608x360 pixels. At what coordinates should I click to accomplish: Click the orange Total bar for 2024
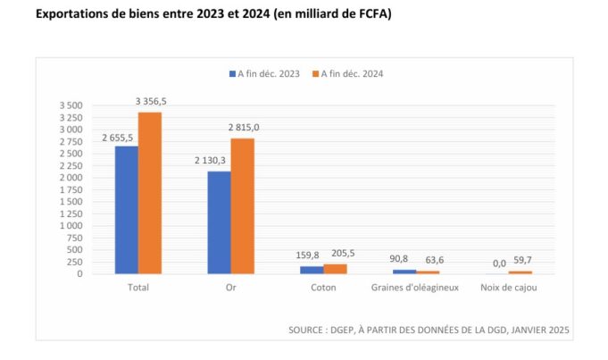150,193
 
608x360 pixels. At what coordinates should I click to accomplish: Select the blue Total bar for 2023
127,210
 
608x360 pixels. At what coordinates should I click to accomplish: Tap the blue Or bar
220,222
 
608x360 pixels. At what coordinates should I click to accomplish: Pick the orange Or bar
243,206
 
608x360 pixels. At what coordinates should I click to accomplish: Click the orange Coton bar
336,269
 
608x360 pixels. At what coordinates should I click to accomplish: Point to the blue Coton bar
312,270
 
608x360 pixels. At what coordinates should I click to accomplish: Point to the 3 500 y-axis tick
71,105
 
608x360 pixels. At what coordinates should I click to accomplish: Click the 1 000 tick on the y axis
71,226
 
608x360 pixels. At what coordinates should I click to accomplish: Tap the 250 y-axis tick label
75,262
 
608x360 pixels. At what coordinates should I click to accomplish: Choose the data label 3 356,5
151,102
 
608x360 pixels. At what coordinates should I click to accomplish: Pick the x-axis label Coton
323,288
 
